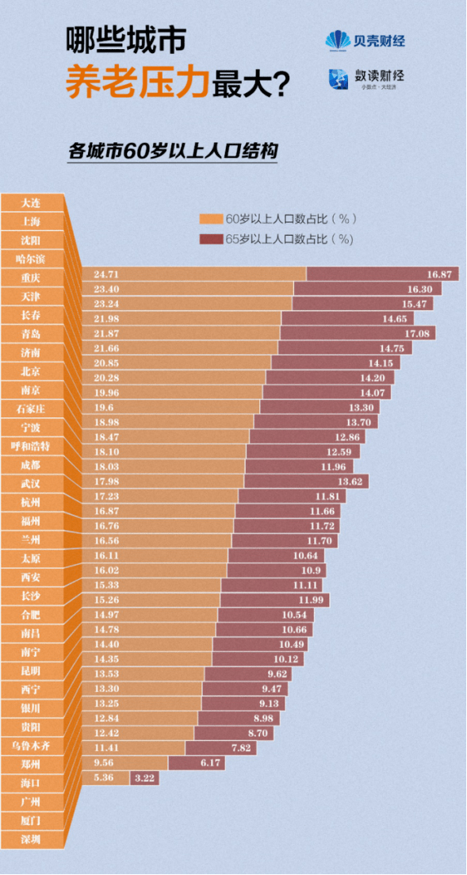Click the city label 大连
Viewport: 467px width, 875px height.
(x=32, y=202)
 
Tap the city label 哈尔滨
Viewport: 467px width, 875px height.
(x=32, y=259)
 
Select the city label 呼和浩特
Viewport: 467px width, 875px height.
(x=32, y=446)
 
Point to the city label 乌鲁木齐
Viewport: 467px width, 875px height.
(x=32, y=745)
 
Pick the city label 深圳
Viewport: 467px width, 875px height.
(x=32, y=839)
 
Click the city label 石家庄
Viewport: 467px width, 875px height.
(x=32, y=409)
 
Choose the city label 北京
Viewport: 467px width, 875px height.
(x=32, y=370)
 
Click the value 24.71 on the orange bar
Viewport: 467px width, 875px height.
(x=105, y=274)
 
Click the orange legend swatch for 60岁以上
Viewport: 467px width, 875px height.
(x=211, y=219)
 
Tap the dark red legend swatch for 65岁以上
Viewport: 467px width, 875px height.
(x=211, y=238)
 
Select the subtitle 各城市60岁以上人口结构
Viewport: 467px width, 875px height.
(x=173, y=151)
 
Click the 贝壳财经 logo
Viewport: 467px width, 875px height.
(x=364, y=40)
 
